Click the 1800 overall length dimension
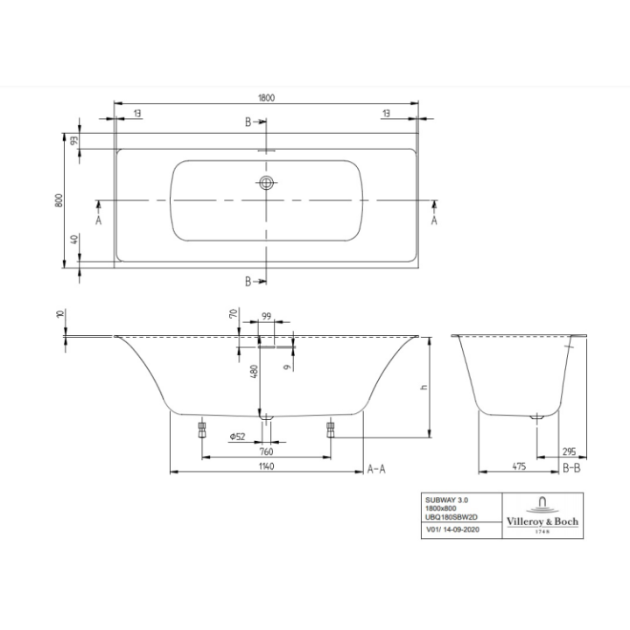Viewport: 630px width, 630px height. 266,97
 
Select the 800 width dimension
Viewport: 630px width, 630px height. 58,200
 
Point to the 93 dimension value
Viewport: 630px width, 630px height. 75,140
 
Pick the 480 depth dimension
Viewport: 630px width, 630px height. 254,371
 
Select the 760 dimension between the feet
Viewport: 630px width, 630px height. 267,451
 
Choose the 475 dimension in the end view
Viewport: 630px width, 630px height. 507,468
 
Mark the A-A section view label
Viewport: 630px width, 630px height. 376,469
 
